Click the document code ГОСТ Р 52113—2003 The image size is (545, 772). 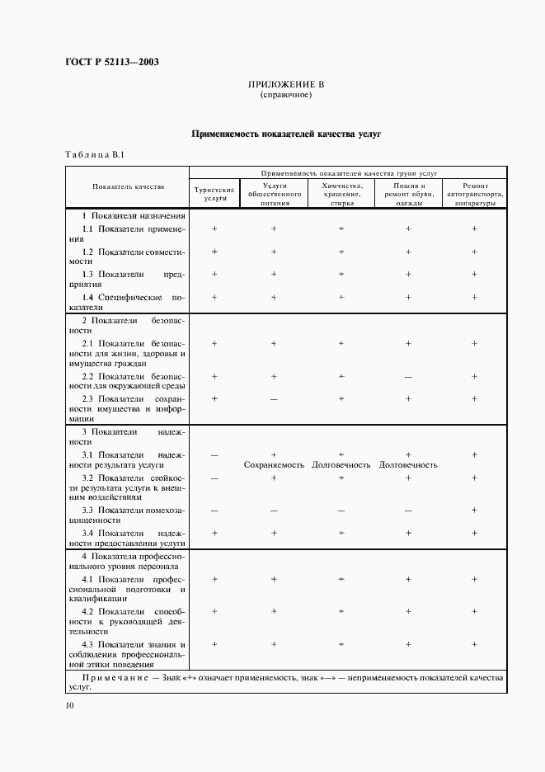click(x=110, y=63)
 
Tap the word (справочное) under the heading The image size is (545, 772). click(x=285, y=95)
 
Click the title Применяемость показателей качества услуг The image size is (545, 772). click(x=285, y=133)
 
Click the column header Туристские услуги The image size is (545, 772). click(x=214, y=194)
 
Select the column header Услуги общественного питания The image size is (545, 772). click(x=274, y=194)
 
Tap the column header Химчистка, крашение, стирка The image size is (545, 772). click(x=341, y=194)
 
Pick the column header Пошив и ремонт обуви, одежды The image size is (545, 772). click(x=408, y=194)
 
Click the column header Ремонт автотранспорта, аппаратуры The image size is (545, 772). click(x=474, y=194)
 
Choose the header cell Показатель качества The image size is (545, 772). click(x=128, y=187)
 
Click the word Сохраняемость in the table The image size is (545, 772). click(x=274, y=465)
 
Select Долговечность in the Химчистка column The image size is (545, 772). click(x=341, y=465)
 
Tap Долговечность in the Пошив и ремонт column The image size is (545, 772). click(x=408, y=465)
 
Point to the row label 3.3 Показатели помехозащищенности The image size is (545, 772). click(x=133, y=515)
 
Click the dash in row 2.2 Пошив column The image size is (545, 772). click(x=408, y=376)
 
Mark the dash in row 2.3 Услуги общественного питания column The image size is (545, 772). click(x=274, y=399)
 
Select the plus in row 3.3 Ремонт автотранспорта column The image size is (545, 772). click(x=474, y=511)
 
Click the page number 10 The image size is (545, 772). click(x=69, y=706)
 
